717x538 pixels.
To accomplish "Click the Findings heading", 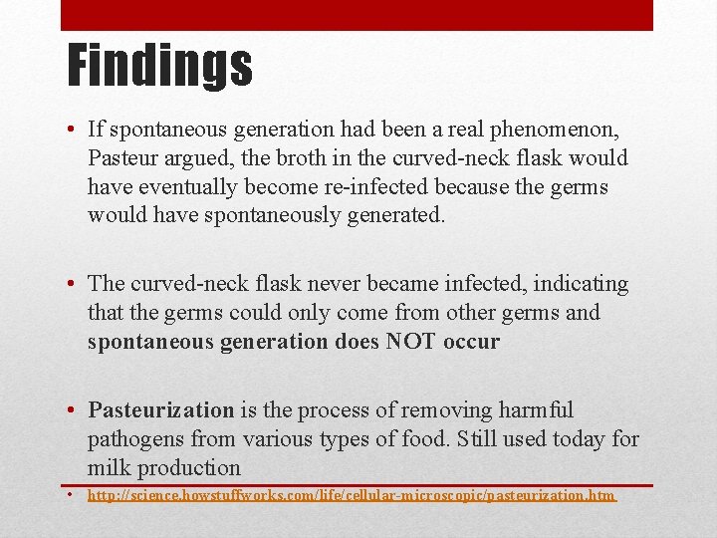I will tap(159, 65).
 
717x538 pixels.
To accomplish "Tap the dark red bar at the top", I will tap(357, 15).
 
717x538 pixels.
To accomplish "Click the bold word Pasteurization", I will tap(160, 410).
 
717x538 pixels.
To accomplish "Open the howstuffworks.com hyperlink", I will tap(352, 495).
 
